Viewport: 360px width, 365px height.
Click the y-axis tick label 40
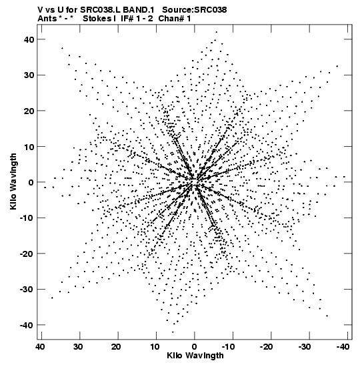pos(29,39)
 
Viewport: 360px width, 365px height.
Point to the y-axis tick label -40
pos(27,325)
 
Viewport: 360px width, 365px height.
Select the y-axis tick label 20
pos(29,111)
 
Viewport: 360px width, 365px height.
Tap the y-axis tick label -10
pos(27,218)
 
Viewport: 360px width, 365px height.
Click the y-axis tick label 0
pos(31,182)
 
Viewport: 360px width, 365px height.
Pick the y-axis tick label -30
pos(27,290)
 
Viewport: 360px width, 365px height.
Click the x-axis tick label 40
pos(40,347)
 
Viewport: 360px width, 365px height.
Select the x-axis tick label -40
pos(342,347)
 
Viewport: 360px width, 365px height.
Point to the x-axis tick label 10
pos(155,347)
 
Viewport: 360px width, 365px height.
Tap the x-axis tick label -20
pos(266,347)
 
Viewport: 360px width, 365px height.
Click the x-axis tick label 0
pos(194,347)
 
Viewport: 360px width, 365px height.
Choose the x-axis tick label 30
pos(78,347)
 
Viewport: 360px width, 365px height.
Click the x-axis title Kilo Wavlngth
pos(195,356)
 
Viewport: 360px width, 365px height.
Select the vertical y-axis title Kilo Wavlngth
pos(13,181)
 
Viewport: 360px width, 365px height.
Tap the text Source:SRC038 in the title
pos(195,10)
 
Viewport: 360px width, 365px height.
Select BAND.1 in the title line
pos(138,10)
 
